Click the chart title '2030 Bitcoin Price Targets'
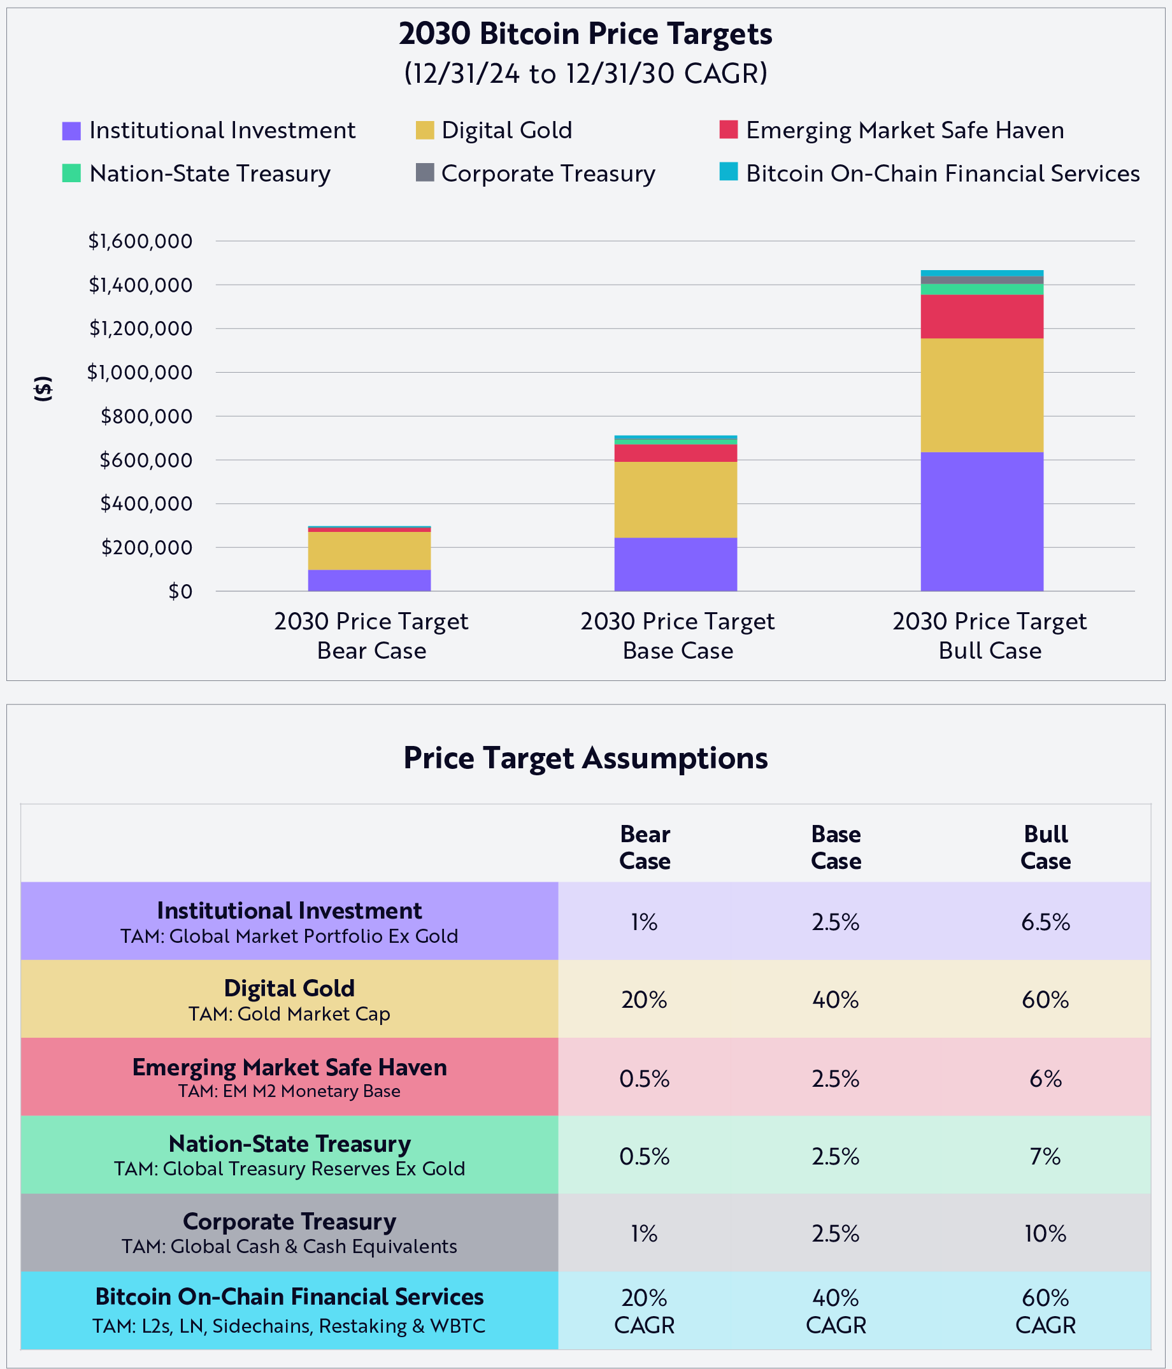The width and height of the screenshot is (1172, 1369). point(585,34)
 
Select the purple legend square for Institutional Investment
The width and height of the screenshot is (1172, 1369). point(71,131)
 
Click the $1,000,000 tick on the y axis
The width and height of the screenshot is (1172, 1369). point(139,373)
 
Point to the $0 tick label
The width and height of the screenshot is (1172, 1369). point(180,591)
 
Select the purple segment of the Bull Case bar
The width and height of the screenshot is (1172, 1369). point(982,521)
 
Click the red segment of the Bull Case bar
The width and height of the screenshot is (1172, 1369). point(982,317)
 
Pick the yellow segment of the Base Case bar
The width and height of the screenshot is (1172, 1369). point(675,499)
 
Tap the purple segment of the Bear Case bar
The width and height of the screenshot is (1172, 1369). point(369,580)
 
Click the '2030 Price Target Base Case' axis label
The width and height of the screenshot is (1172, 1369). point(677,636)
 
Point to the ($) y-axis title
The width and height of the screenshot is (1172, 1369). point(43,389)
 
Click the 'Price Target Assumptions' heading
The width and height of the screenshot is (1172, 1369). point(585,758)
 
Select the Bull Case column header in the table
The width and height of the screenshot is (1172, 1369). point(1045,848)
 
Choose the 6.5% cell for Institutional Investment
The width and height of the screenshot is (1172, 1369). point(1045,922)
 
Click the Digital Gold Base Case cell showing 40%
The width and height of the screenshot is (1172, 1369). point(836,1000)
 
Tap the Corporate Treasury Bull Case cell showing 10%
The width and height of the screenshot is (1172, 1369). point(1045,1233)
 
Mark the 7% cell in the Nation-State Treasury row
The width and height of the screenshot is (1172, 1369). point(1045,1156)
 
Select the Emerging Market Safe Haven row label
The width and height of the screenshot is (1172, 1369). point(289,1077)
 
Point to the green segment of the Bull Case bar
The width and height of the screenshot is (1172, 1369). point(982,289)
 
